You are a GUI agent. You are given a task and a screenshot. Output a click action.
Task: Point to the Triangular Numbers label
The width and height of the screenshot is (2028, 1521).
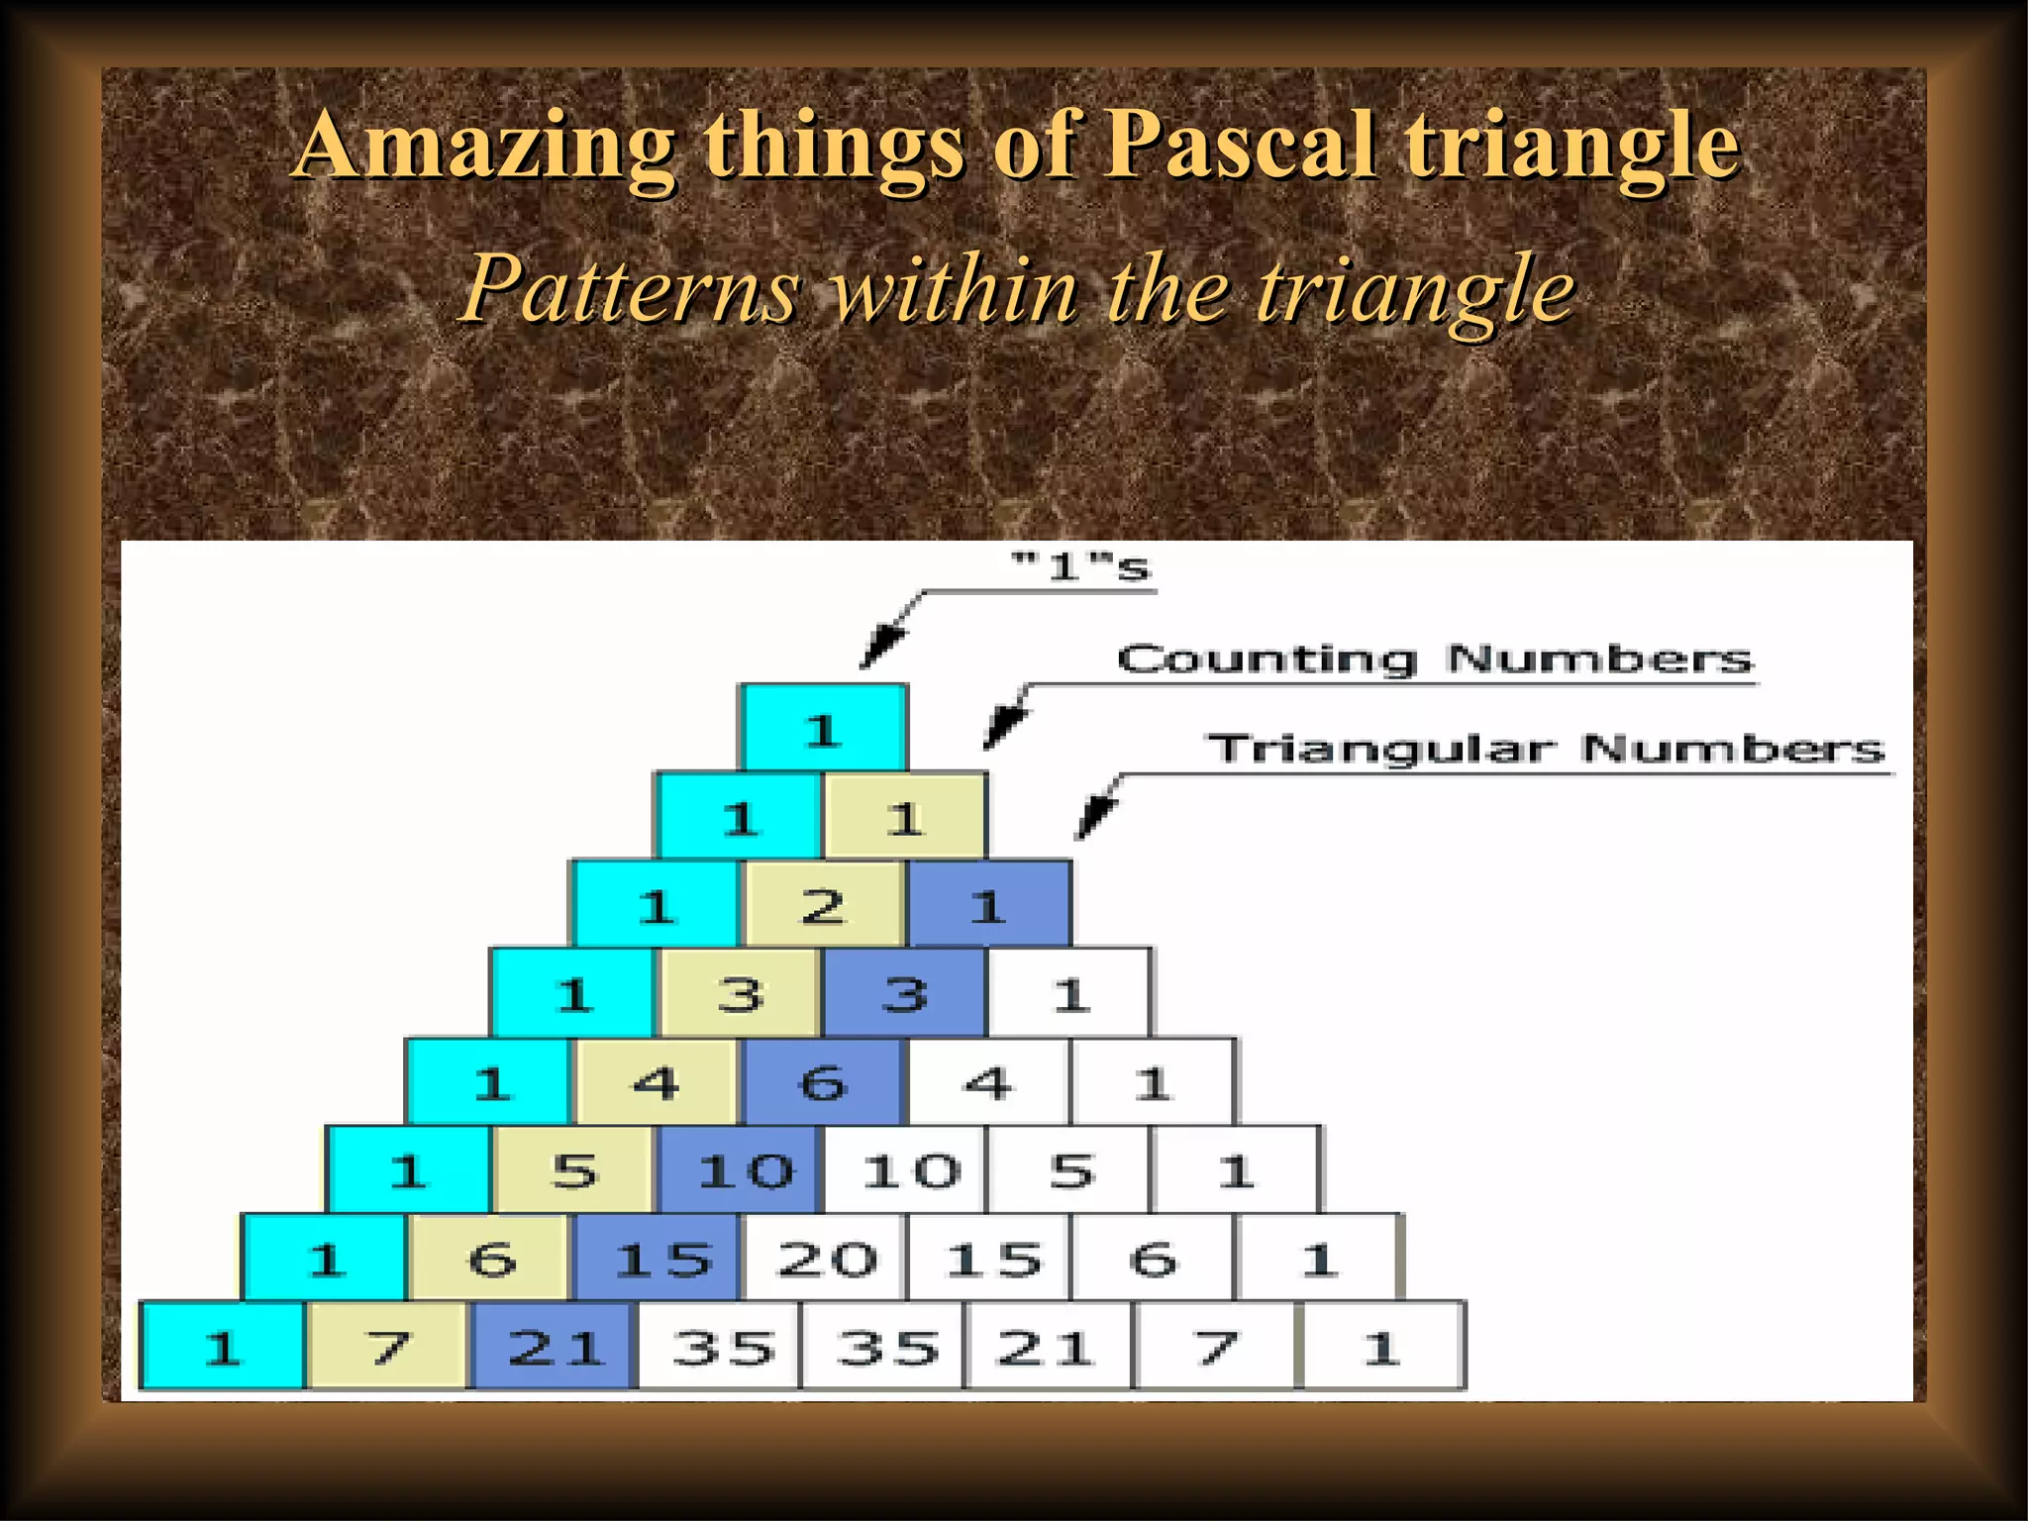pyautogui.click(x=1545, y=749)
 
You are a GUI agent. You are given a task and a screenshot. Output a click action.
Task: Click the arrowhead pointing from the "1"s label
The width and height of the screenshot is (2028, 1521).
pyautogui.click(x=879, y=650)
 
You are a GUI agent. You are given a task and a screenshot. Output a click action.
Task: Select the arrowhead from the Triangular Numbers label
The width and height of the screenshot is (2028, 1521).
pyautogui.click(x=1092, y=820)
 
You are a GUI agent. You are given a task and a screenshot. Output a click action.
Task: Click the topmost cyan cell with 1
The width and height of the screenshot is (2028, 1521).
pyautogui.click(x=822, y=728)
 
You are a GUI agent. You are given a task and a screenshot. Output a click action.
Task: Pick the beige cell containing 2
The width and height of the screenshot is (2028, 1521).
pyautogui.click(x=823, y=904)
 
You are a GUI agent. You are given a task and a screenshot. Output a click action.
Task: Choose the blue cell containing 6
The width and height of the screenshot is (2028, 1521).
pyautogui.click(x=823, y=1081)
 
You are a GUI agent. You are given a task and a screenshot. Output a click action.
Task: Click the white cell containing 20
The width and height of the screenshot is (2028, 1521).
pyautogui.click(x=825, y=1259)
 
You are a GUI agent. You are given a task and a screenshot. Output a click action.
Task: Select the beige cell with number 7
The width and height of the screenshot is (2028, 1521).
pyautogui.click(x=387, y=1347)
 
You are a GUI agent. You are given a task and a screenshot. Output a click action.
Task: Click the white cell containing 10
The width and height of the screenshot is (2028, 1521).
pyautogui.click(x=907, y=1170)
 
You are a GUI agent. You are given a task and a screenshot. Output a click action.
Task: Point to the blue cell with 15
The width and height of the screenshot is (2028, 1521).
pyautogui.click(x=658, y=1259)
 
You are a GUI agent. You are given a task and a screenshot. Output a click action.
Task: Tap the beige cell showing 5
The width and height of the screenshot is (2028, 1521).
pyautogui.click(x=573, y=1170)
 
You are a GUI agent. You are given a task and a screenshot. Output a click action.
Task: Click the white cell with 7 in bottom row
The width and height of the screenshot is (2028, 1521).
pyautogui.click(x=1214, y=1347)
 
